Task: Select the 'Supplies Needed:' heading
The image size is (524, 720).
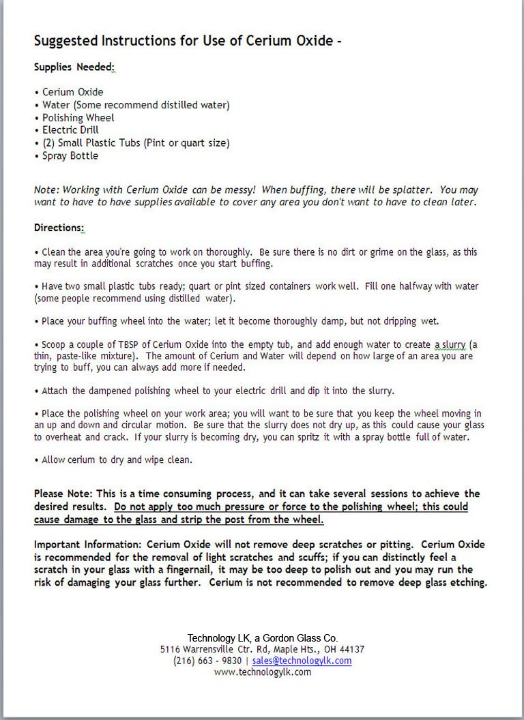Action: click(74, 67)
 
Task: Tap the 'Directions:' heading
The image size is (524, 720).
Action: click(59, 227)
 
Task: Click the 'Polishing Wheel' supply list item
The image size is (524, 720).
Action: click(78, 118)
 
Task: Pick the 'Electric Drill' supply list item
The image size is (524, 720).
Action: click(70, 130)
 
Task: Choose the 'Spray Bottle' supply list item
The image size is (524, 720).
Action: click(70, 156)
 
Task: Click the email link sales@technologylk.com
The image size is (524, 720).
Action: click(302, 661)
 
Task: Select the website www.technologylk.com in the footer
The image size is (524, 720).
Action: click(262, 672)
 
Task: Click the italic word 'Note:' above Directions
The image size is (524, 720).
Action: click(46, 190)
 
